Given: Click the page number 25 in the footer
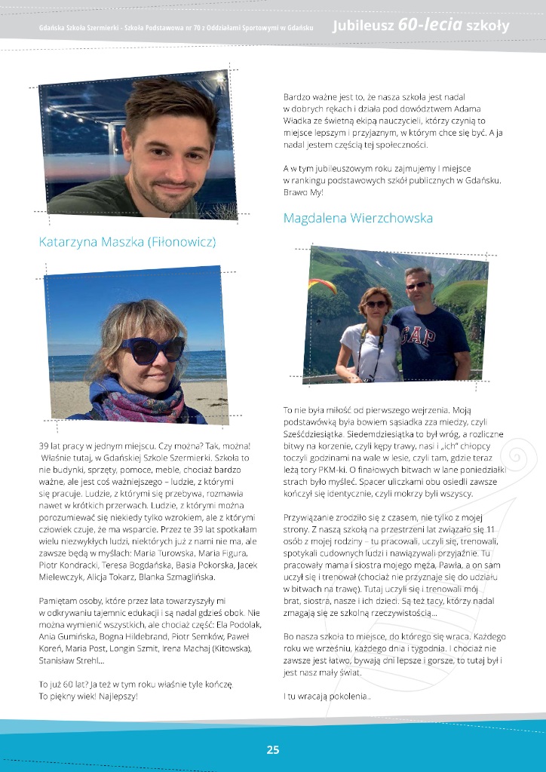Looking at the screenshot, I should (273, 749).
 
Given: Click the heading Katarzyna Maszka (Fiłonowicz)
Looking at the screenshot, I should (127, 242).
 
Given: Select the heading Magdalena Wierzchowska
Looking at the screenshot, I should (358, 218).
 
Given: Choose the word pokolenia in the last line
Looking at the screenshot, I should (346, 696).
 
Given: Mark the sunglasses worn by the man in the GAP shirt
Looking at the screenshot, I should (416, 285).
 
